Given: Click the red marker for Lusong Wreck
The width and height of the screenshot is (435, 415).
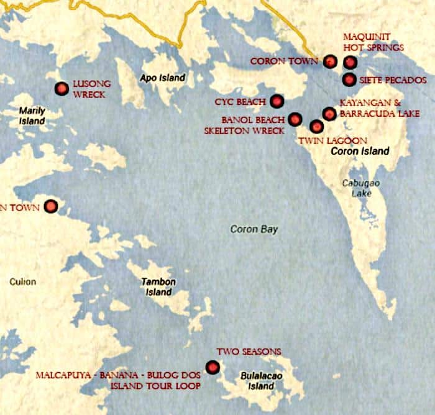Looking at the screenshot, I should [61, 89].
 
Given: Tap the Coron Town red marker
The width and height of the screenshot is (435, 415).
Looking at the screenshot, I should [331, 61].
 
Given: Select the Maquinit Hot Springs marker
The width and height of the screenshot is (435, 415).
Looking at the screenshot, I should [350, 62].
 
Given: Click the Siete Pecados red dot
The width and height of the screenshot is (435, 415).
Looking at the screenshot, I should [349, 80].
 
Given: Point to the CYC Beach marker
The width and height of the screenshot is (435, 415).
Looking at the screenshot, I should [277, 101].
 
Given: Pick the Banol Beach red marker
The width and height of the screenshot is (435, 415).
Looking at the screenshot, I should [295, 119].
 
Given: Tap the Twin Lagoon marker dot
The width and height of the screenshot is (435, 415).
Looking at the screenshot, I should [317, 127].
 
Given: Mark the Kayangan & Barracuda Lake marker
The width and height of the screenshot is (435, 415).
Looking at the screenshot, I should [329, 113].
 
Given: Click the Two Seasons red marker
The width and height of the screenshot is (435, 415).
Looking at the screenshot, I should [213, 367].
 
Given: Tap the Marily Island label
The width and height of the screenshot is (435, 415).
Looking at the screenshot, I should [32, 116].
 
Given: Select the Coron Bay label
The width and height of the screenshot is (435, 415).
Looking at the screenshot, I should [254, 229].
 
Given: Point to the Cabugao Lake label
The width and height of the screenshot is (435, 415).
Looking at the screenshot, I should [359, 188].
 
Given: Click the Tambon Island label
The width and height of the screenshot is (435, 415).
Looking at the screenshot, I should [159, 286].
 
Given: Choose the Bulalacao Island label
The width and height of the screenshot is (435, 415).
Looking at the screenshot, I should [257, 381].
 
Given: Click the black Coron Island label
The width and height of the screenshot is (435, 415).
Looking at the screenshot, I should [360, 151].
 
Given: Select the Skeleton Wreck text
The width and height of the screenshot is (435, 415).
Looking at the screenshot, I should [244, 130].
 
